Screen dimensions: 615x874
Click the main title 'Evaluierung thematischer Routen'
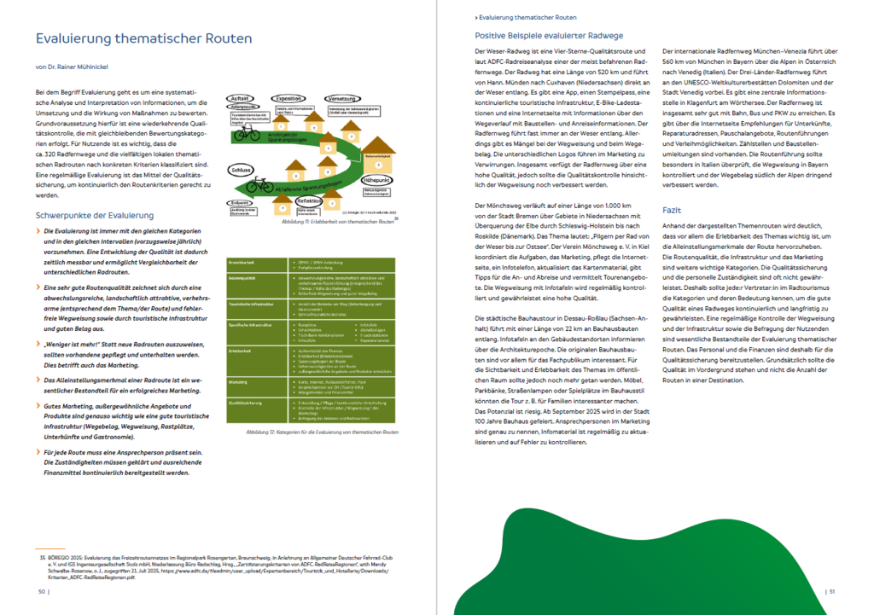click(x=143, y=39)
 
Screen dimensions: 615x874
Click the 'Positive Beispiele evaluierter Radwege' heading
click(x=549, y=36)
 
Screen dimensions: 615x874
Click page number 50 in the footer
click(x=43, y=591)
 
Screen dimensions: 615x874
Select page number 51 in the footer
click(x=831, y=591)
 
